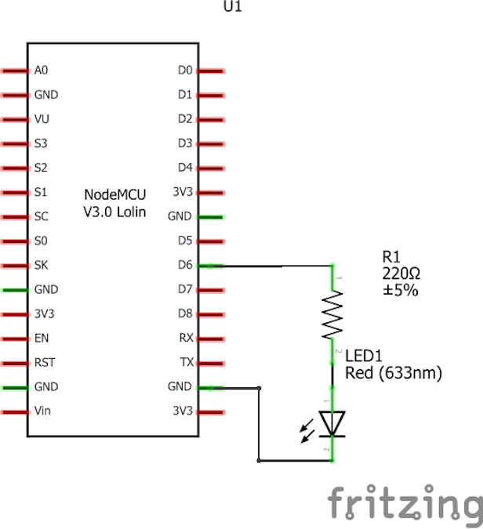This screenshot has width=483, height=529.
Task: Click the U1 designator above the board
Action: [232, 6]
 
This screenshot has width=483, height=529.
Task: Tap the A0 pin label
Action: [42, 71]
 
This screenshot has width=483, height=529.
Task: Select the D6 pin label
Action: [185, 265]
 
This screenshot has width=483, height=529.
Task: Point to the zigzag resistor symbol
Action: [332, 314]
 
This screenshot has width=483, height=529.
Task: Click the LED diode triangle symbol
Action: [332, 422]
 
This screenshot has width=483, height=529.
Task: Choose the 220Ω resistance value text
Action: [401, 274]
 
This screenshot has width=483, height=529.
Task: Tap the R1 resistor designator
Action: [390, 257]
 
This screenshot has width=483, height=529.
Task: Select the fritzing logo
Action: [404, 502]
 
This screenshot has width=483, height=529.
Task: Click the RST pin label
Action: [44, 363]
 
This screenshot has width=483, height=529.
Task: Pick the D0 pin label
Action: [185, 71]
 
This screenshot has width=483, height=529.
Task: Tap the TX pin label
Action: [186, 363]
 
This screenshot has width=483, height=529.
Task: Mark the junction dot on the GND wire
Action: [260, 388]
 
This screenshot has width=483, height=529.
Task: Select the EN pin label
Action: [41, 339]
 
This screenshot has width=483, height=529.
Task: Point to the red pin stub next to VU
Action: [13, 119]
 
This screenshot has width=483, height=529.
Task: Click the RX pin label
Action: [186, 339]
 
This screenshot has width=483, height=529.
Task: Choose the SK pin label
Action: [42, 265]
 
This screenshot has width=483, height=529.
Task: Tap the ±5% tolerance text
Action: [400, 290]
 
